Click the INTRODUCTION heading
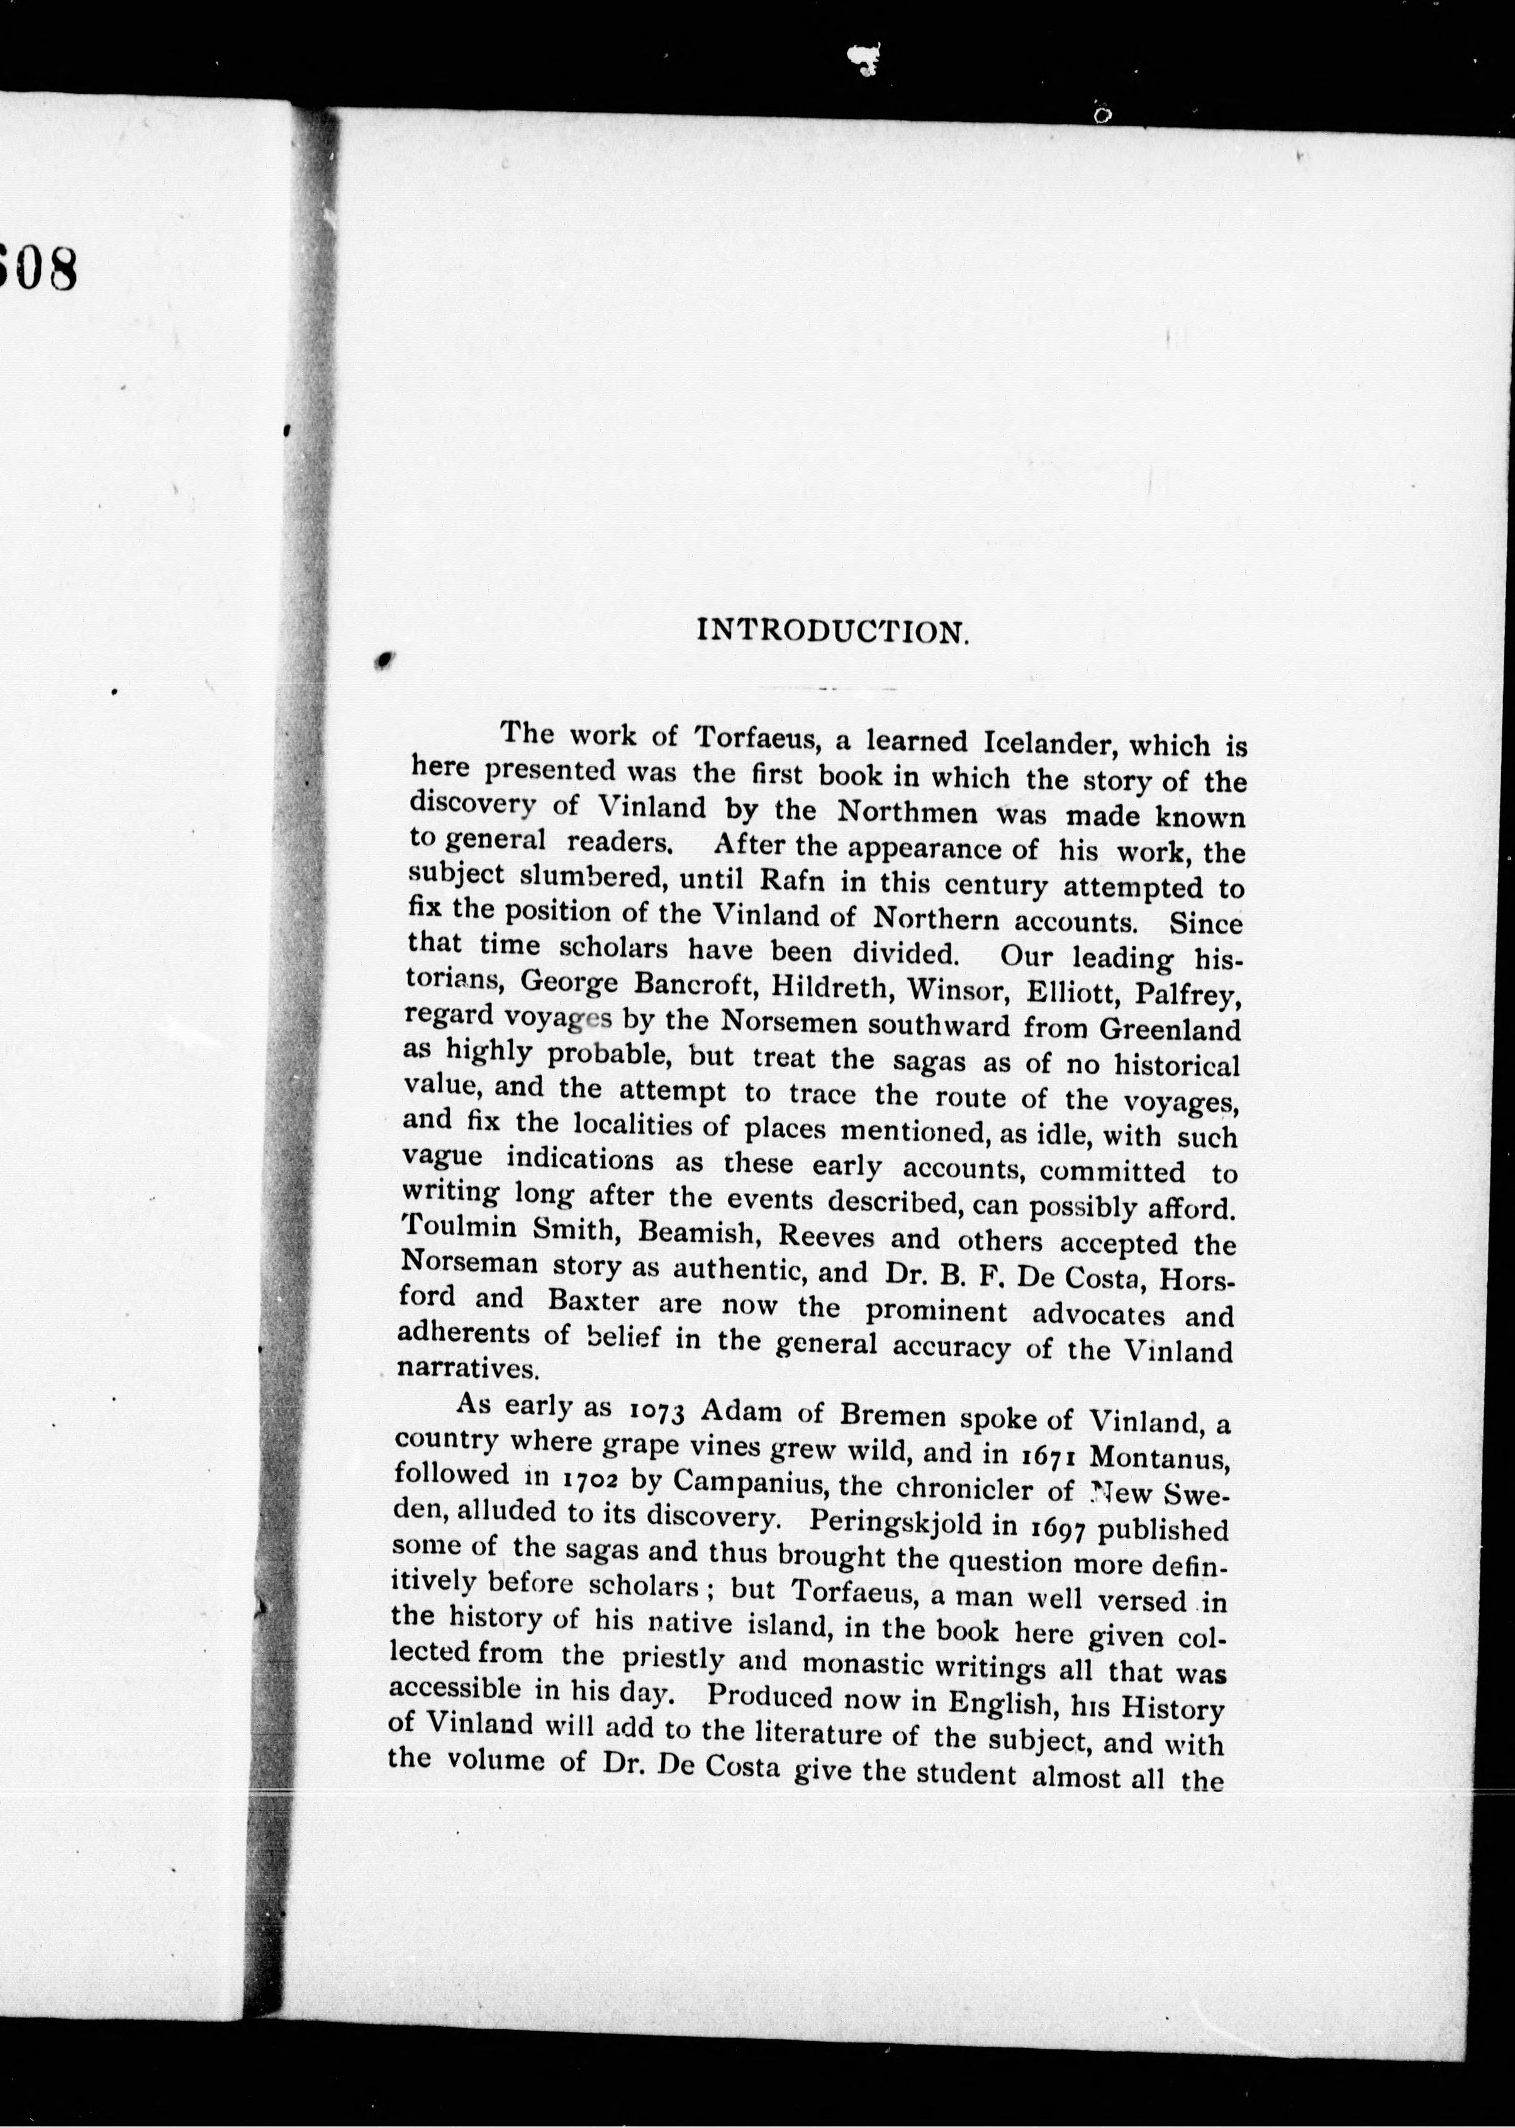(833, 631)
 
